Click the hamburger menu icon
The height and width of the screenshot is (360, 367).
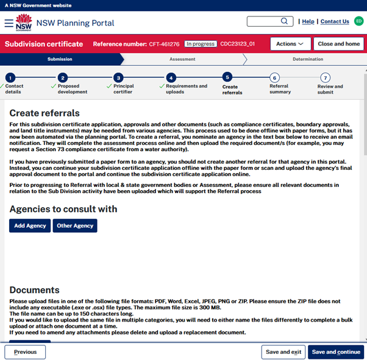tap(9, 23)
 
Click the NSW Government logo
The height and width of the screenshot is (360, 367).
tap(24, 23)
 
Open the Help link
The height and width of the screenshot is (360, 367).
tap(308, 21)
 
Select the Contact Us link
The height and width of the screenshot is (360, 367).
tap(335, 21)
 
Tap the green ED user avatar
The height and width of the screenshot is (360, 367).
tap(358, 21)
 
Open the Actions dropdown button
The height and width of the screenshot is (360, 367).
tap(290, 44)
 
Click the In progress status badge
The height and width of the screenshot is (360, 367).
tap(201, 44)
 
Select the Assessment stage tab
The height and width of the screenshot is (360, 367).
tap(182, 59)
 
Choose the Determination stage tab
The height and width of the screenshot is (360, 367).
tap(307, 59)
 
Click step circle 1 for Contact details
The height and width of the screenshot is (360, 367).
tap(10, 78)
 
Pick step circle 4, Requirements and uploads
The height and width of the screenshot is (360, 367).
tap(171, 78)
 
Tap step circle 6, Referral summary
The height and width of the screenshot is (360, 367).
tap(274, 78)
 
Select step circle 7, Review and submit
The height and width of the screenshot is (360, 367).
tap(326, 78)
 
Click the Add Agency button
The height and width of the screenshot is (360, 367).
tap(30, 225)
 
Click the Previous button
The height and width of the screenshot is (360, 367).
tap(25, 352)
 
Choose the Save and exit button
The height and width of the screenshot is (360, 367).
tap(283, 352)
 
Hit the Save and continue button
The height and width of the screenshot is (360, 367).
tap(336, 352)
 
